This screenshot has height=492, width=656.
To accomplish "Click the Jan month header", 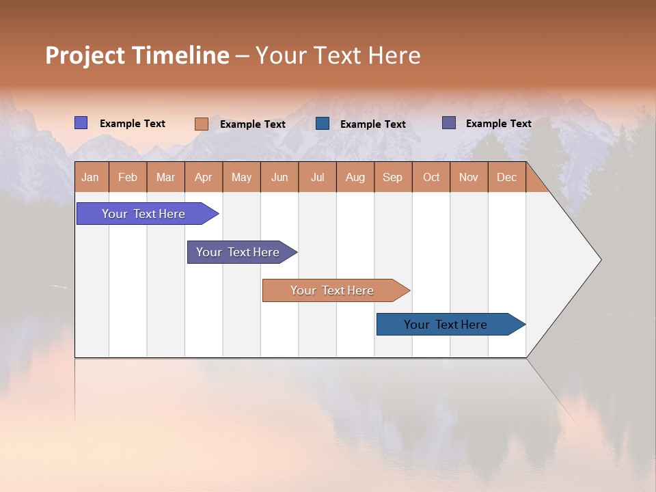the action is point(90,177).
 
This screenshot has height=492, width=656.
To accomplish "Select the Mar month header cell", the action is point(165,177).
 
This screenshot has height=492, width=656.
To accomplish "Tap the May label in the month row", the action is point(241,177).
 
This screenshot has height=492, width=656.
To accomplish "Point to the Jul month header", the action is point(317,177).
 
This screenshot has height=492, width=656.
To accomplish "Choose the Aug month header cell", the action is point(355,177).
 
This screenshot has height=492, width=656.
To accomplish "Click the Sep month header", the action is point(392,177).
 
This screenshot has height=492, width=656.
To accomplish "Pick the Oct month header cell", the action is point(431,177).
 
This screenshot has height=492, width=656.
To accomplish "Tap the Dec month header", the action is point(506,177).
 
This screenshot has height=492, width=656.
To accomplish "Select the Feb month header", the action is point(128,177).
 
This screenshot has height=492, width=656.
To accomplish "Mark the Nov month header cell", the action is point(469,177).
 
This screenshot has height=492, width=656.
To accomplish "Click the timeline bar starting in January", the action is point(143,214).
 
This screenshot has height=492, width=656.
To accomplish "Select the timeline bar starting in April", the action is point(238,252).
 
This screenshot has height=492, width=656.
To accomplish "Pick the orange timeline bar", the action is point(332,290).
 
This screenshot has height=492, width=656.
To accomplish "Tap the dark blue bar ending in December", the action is point(446,325).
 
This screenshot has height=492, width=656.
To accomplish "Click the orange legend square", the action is point(201,124).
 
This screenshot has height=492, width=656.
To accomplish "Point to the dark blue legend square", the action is point(323,124).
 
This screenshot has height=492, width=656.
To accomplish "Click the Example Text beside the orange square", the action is point(253,124).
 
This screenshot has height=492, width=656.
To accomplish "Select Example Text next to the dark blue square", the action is point(373,124).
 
